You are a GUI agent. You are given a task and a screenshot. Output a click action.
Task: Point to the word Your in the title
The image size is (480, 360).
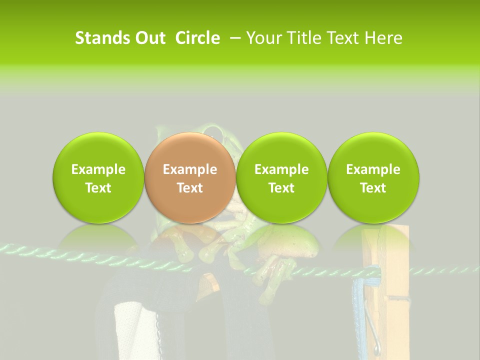click(x=262, y=38)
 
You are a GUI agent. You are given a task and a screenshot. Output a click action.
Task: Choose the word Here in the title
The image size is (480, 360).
click(x=384, y=38)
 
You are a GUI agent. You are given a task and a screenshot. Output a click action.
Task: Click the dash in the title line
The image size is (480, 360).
click(x=234, y=38)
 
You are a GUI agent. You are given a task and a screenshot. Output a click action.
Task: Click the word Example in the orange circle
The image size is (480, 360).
click(x=189, y=169)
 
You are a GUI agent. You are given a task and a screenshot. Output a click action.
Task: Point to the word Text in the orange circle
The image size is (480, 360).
click(x=189, y=188)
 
